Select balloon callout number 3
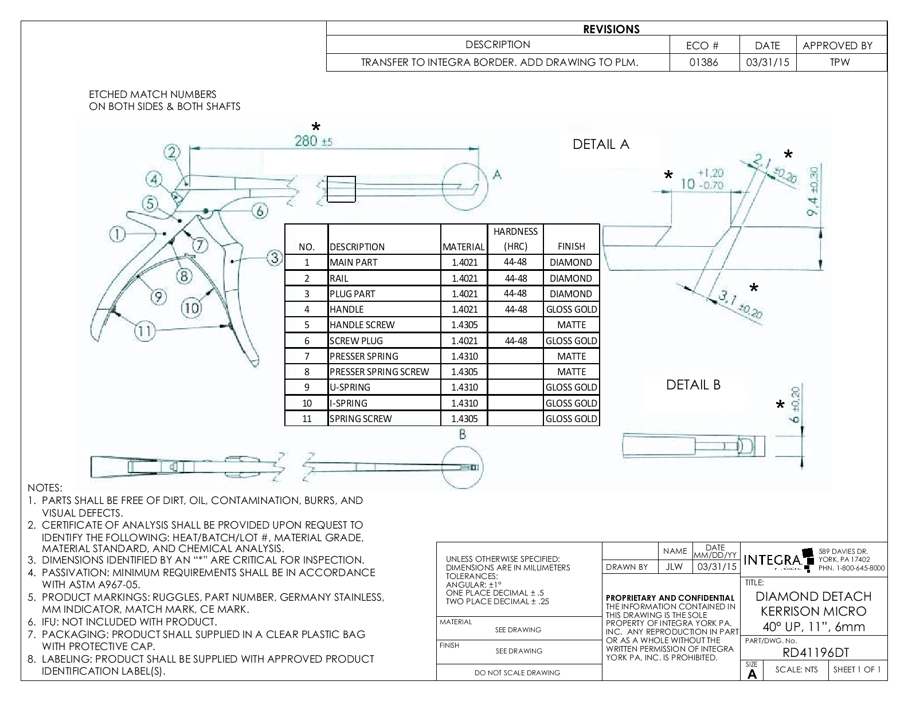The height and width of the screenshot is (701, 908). [x=275, y=258]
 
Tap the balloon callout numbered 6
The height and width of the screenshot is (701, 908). [x=260, y=211]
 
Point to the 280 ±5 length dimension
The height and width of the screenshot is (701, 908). [x=313, y=141]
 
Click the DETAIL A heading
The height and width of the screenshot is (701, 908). [x=601, y=144]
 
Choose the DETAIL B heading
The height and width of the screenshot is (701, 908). [x=693, y=385]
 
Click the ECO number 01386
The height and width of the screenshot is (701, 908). [x=703, y=62]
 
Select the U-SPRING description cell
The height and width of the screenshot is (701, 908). [x=350, y=387]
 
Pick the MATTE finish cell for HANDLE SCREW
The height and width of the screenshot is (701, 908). [x=571, y=325]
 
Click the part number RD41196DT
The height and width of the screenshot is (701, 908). [x=815, y=652]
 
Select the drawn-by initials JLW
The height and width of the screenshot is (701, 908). [x=675, y=566]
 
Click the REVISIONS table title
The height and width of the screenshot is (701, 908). [x=611, y=29]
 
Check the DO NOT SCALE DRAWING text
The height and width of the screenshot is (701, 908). [x=517, y=672]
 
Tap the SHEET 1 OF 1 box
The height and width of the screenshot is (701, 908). [x=857, y=670]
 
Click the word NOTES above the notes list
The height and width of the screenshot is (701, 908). [x=45, y=488]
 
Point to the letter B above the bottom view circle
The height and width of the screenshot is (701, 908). [x=463, y=435]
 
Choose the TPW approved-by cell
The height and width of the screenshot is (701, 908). [x=840, y=62]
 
